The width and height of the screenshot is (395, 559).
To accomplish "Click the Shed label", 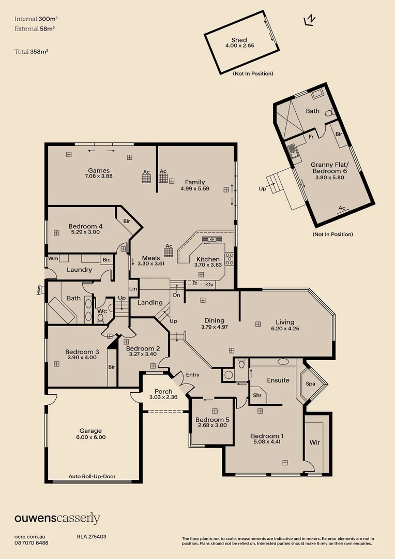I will click(x=239, y=40).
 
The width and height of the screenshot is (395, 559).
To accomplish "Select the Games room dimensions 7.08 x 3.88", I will click(x=98, y=176).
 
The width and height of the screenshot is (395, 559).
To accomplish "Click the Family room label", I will click(x=195, y=182).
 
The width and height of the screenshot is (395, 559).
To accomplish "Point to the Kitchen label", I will click(x=207, y=259).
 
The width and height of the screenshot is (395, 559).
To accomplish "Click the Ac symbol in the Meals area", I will click(x=169, y=251).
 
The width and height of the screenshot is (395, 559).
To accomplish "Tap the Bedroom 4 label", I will click(x=85, y=226).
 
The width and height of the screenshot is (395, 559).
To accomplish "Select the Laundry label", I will click(x=80, y=270).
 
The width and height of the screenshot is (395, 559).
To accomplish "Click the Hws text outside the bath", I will click(x=39, y=291).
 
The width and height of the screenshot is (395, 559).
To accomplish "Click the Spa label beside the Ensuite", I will click(x=311, y=384).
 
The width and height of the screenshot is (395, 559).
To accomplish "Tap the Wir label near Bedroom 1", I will click(x=314, y=443).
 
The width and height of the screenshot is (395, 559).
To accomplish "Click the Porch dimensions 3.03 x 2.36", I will click(x=163, y=397).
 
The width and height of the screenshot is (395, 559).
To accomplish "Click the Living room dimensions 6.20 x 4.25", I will click(x=285, y=328).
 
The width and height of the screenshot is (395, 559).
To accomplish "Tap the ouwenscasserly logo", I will click(x=57, y=518).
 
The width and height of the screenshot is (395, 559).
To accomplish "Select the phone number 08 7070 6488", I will click(x=32, y=543).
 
